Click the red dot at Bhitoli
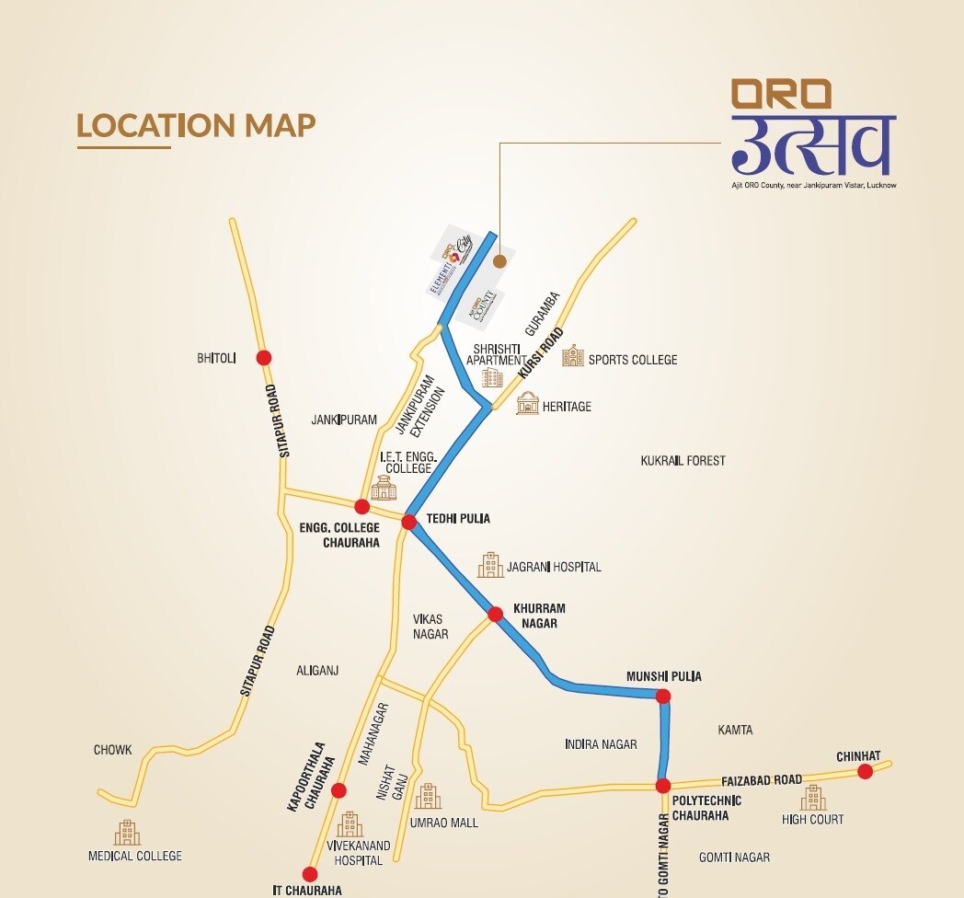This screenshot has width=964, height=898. (264, 358)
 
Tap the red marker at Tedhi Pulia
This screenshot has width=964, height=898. (409, 522)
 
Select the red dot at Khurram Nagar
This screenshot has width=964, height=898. (495, 614)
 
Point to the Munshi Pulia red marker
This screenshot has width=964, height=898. (663, 697)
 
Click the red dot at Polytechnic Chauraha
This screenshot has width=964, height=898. (662, 786)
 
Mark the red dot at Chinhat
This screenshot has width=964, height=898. (865, 771)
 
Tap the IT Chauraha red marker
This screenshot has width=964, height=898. (310, 874)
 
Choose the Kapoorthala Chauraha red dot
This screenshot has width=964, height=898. (339, 789)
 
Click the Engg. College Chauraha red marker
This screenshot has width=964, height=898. (362, 507)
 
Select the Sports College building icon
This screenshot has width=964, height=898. (573, 356)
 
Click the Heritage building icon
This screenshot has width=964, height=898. (527, 403)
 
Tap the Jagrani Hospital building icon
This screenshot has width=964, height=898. (490, 565)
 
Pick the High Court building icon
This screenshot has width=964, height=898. (812, 797)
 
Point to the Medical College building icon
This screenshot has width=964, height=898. (127, 833)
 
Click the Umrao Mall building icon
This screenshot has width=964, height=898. (428, 797)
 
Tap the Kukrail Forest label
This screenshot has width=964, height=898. (683, 460)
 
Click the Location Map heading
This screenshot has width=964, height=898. (196, 125)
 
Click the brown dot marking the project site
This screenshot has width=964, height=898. (499, 261)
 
